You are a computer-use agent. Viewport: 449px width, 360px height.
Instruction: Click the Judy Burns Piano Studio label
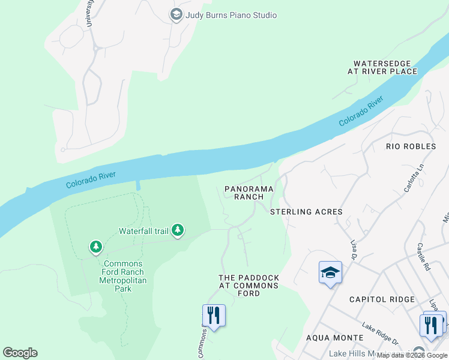[x=231, y=15]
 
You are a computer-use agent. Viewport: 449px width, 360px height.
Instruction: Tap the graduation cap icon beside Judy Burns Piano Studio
[x=176, y=15]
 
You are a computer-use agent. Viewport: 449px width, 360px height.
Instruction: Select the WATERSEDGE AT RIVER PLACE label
[x=385, y=67]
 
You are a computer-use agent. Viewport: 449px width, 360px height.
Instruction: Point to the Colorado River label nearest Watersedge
[x=361, y=111]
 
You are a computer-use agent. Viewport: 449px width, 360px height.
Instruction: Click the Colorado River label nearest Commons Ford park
[x=90, y=179]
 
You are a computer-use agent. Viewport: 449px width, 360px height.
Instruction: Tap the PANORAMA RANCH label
[x=249, y=193]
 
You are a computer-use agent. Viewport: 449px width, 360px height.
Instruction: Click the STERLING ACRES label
[x=306, y=212]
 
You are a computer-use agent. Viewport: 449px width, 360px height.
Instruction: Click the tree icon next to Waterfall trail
[x=177, y=230]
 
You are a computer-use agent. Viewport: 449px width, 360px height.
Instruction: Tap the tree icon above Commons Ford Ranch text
[x=95, y=247]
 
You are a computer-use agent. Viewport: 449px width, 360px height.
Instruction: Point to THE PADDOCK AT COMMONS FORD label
[x=249, y=286]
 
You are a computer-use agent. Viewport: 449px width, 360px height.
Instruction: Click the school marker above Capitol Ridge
[x=330, y=273]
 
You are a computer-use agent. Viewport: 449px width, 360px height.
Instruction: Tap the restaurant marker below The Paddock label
[x=213, y=316]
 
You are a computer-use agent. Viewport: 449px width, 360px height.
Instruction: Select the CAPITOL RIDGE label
[x=382, y=299]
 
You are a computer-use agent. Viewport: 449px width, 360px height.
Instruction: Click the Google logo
[x=20, y=353]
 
